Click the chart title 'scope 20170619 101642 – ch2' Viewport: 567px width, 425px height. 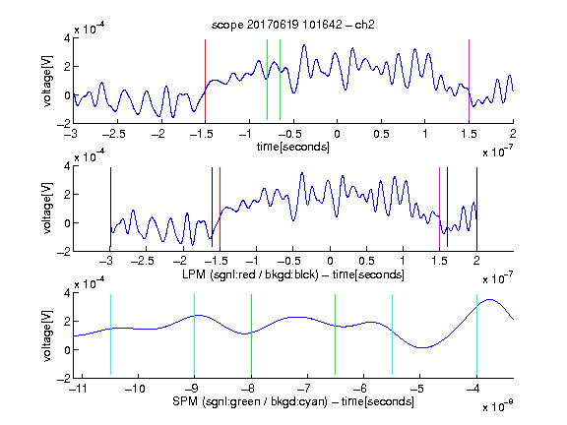(x=293, y=25)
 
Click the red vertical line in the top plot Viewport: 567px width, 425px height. (x=205, y=80)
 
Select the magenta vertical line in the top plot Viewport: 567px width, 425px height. (x=469, y=80)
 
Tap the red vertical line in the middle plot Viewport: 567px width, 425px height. (x=220, y=207)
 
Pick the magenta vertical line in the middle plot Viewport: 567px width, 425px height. (x=439, y=207)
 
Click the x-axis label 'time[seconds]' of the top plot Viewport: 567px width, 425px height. (x=293, y=147)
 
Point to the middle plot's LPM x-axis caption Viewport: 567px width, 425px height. (x=293, y=274)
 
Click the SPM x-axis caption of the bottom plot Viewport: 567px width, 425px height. (x=293, y=401)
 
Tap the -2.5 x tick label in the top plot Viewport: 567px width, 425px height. (x=113, y=134)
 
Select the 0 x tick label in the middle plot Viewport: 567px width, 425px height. (x=330, y=262)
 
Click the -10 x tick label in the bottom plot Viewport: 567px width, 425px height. (x=135, y=389)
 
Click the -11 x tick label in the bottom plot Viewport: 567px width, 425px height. (x=79, y=389)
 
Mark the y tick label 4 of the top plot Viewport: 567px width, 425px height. (x=67, y=37)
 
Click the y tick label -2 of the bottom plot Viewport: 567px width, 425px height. (x=64, y=379)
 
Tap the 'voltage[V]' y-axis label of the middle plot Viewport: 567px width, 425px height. (x=47, y=208)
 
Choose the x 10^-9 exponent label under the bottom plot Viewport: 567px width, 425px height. (x=497, y=406)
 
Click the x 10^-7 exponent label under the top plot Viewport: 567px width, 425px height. (x=497, y=152)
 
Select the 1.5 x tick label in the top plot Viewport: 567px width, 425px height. (x=469, y=134)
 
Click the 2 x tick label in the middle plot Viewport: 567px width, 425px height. (x=476, y=262)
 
